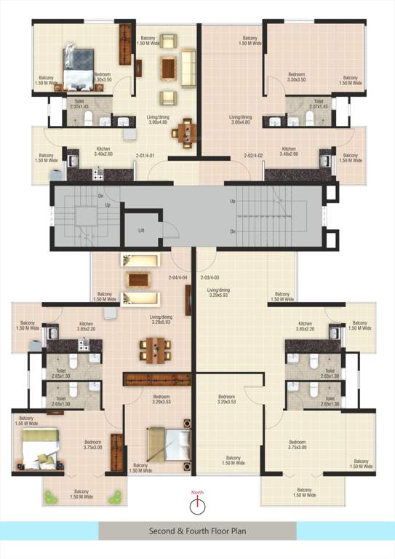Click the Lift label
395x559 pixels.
coord(143,231)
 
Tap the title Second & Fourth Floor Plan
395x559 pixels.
coord(197,531)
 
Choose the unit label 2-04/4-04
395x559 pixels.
coord(178,277)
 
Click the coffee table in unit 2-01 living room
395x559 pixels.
coord(169,68)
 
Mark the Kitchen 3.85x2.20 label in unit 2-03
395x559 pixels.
coord(305,326)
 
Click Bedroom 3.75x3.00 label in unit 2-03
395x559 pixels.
coord(297,445)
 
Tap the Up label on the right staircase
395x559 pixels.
coord(232,200)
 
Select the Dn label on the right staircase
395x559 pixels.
coord(232,231)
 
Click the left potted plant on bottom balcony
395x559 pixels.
coord(50,497)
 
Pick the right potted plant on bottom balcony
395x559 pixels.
coord(114,497)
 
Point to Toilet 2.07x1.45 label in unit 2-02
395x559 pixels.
coord(318,104)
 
